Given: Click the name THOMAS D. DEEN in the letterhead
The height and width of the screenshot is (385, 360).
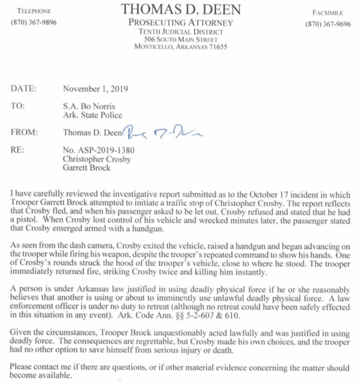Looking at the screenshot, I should coord(181,9).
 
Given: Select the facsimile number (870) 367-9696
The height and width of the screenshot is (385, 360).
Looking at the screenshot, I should coord(328,24).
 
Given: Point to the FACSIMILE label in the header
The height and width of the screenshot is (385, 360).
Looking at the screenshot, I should coord(328,11).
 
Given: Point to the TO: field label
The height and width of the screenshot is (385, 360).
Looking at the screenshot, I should coord(18,106).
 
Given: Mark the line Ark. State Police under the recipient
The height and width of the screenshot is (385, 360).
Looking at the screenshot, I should coord(92,114).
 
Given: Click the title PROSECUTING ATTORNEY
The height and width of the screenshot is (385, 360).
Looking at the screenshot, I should coord(181,23).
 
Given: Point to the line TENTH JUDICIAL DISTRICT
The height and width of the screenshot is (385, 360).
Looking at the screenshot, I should coord(180,31).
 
